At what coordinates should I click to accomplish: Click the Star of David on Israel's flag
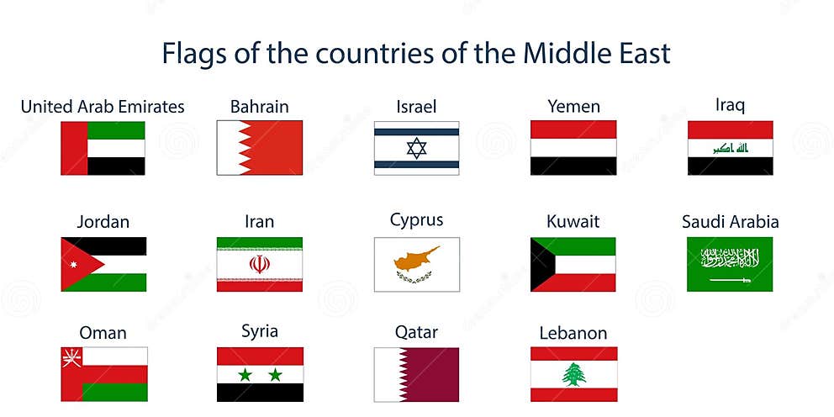[417, 148]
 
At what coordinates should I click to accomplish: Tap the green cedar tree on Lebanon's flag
[574, 374]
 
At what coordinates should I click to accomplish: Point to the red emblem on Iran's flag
[260, 264]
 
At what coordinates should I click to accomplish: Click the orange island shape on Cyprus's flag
[418, 257]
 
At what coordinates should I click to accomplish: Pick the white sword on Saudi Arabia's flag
[730, 279]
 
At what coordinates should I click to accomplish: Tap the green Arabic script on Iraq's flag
[730, 148]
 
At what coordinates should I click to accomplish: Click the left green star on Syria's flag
[245, 375]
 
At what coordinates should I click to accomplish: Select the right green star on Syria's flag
[276, 375]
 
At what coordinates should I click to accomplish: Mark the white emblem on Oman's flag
[70, 358]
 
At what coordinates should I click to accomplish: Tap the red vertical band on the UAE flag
[74, 148]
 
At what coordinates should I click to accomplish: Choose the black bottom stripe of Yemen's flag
[573, 166]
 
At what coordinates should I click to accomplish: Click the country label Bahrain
[259, 107]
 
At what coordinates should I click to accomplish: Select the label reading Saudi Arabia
[730, 222]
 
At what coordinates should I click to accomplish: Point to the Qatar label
[416, 332]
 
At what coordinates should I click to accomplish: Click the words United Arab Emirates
[103, 107]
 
